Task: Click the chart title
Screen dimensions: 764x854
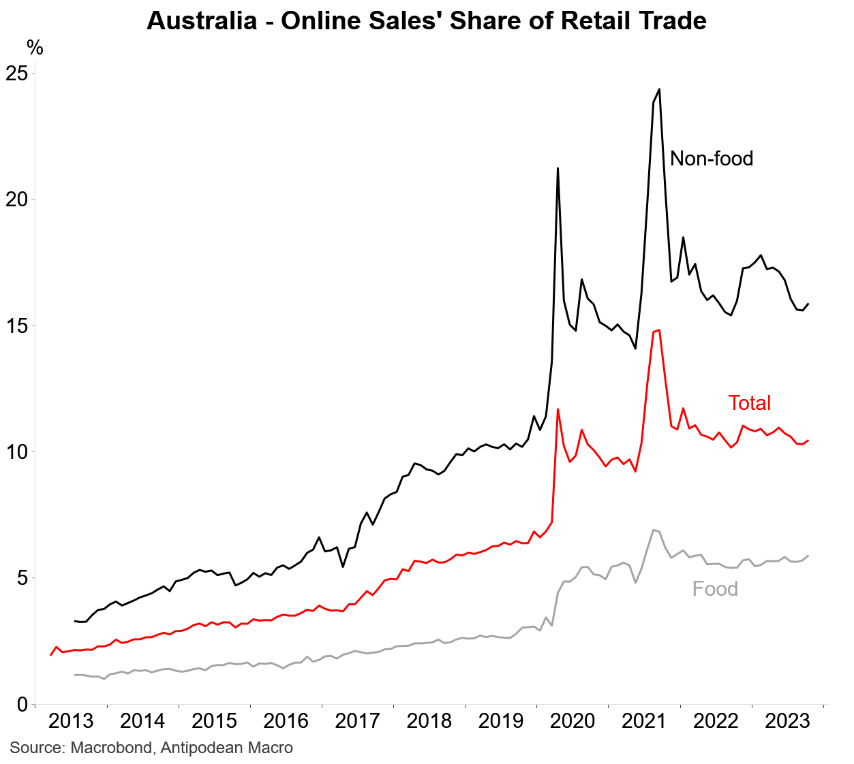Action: (427, 20)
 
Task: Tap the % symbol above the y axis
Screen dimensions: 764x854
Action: (35, 48)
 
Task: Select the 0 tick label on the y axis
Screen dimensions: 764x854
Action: (22, 704)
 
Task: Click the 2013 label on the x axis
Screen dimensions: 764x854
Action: (71, 721)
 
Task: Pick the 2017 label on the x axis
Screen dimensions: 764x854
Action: (357, 721)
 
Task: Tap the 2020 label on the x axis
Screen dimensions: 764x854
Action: (573, 721)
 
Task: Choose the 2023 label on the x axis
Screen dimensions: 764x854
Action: (787, 721)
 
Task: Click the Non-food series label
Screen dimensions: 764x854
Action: (712, 159)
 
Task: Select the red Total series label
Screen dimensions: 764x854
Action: (749, 403)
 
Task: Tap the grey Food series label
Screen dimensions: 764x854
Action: (715, 589)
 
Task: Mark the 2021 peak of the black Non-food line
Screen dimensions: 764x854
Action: (659, 89)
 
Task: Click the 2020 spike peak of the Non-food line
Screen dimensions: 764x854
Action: (558, 168)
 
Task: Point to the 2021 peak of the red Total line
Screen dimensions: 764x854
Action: (659, 330)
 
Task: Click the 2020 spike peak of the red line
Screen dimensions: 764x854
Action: (558, 409)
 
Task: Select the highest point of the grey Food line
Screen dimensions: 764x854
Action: (654, 530)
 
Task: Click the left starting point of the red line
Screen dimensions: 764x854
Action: (50, 655)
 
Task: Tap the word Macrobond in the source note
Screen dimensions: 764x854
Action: (112, 748)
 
